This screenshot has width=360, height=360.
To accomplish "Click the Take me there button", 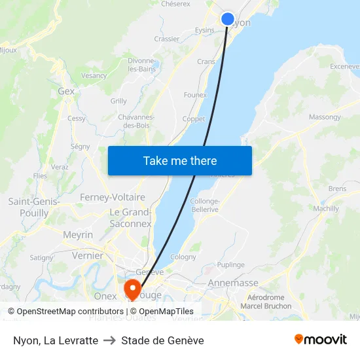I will tap(180, 161).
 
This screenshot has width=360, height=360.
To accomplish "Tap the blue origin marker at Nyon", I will tap(227, 18).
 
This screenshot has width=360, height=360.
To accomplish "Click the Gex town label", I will tap(66, 92).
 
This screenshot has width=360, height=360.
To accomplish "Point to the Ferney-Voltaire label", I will tap(113, 197).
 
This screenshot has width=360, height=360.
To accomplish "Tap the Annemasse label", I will tap(232, 283).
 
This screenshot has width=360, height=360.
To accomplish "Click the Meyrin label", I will tap(78, 235).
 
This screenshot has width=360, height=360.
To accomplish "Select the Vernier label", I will tap(88, 256).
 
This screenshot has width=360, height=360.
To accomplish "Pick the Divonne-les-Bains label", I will tap(141, 65).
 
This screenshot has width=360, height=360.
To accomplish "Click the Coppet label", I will tap(193, 119).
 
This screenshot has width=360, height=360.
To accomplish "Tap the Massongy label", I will tap(325, 117).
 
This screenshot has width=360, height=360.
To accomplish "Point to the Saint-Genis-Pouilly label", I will tap(34, 207).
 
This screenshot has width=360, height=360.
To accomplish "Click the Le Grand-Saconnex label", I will tap(130, 218).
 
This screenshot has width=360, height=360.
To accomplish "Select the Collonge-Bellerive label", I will tap(205, 205).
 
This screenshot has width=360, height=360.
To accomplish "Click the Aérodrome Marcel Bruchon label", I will tap(266, 302).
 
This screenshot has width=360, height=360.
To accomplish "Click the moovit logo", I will tap(321, 340).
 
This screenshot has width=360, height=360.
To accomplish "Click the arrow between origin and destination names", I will tap(109, 340).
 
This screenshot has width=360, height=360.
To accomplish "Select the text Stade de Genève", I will tap(162, 340).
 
